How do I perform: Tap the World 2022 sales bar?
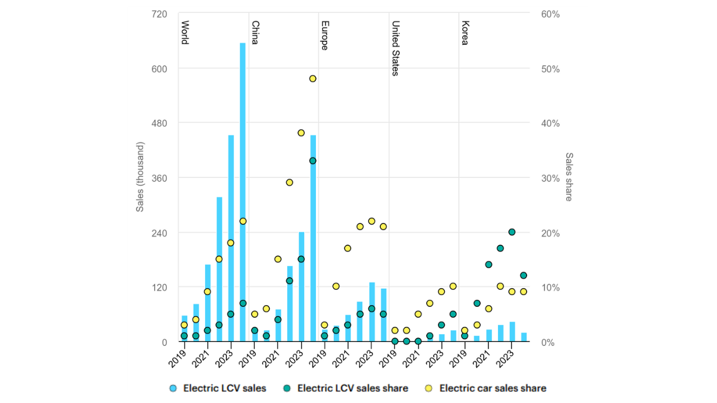(219, 269)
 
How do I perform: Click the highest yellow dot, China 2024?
(313, 78)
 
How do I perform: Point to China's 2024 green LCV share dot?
(313, 161)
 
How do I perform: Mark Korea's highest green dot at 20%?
(511, 232)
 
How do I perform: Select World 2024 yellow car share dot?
(243, 221)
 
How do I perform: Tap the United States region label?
(395, 48)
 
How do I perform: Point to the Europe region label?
(324, 35)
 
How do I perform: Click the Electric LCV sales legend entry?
(218, 388)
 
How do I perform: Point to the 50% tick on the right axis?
(549, 69)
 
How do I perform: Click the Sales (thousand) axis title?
(140, 177)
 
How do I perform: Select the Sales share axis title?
(569, 177)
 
